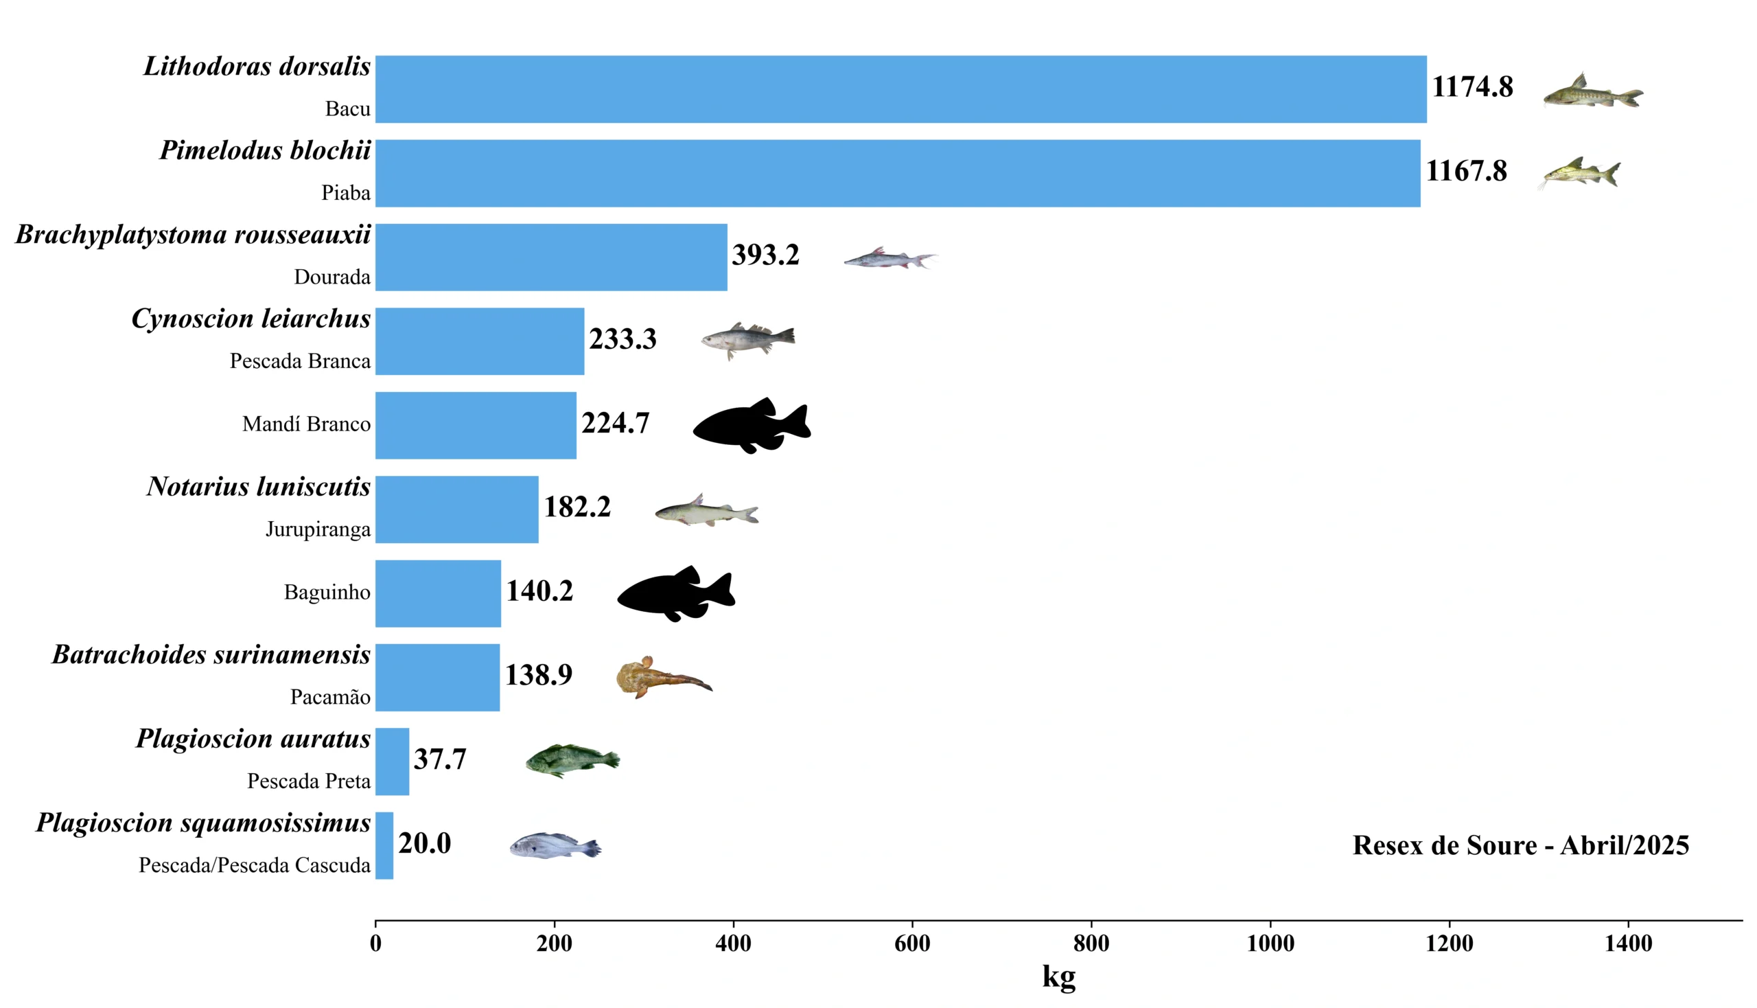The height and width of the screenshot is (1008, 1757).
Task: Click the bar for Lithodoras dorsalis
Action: tap(900, 89)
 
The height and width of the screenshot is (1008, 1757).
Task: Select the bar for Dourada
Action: tap(551, 257)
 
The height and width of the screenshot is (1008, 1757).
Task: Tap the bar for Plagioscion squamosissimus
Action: tap(385, 845)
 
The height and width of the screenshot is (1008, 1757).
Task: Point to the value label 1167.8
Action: tap(1466, 171)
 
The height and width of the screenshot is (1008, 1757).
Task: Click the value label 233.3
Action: tap(622, 339)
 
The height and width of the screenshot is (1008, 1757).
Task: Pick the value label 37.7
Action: tap(440, 759)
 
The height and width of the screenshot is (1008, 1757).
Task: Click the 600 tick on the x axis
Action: tap(912, 943)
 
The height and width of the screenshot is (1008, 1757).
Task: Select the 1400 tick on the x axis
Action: tap(1627, 943)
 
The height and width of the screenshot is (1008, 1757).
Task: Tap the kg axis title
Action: tap(1058, 976)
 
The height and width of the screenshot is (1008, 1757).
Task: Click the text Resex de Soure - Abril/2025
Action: tap(1520, 845)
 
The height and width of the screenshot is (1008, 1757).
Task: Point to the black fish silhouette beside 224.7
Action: tap(752, 425)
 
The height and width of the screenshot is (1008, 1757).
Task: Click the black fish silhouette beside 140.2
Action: tap(676, 593)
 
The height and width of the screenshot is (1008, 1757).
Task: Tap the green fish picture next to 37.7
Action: tap(572, 761)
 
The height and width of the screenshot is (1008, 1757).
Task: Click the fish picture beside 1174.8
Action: tap(1592, 92)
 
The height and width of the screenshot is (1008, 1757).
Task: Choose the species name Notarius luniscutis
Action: tap(258, 487)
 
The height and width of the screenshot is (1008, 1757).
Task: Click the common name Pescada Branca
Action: tap(300, 361)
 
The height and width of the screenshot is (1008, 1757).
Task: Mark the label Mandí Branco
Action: tap(306, 424)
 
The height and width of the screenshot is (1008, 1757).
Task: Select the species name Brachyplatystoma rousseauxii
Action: tap(193, 235)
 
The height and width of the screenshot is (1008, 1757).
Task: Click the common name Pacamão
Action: tap(330, 697)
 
